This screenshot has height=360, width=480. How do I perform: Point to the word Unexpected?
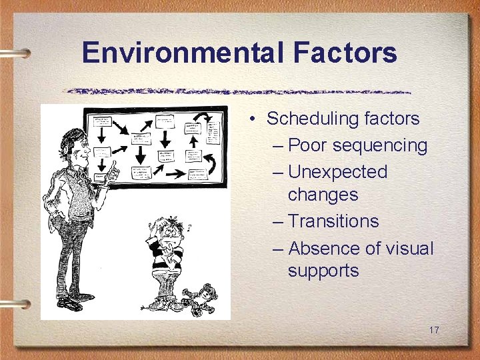(337, 172)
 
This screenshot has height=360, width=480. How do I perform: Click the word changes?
(323, 195)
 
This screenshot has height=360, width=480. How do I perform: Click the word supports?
(323, 271)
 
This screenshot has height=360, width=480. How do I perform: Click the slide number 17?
(434, 330)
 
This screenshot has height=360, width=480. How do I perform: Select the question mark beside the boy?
(189, 227)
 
